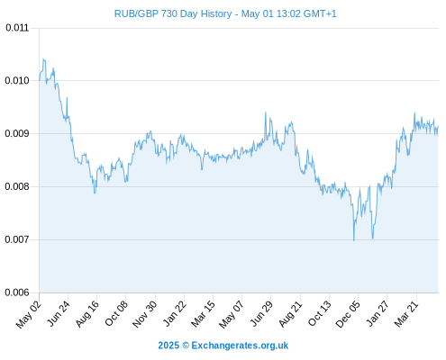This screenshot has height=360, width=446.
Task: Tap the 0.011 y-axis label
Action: click(x=17, y=28)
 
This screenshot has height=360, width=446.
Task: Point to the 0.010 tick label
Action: click(x=17, y=80)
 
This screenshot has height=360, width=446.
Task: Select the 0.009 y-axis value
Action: click(x=17, y=133)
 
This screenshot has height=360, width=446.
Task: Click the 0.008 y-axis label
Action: click(x=17, y=186)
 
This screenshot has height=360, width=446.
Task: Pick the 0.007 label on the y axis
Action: click(x=17, y=239)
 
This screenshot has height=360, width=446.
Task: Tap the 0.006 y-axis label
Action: click(x=17, y=292)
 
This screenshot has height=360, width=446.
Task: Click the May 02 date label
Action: click(x=29, y=313)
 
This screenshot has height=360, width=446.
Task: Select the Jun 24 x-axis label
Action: click(x=59, y=313)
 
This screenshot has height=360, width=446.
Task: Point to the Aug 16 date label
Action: click(x=87, y=313)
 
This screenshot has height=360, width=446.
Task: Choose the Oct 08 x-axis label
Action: click(x=116, y=313)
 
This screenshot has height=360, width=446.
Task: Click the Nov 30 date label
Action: click(x=145, y=314)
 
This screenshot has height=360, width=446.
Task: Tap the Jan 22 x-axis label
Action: click(x=175, y=313)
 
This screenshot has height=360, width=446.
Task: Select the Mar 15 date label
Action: click(x=204, y=313)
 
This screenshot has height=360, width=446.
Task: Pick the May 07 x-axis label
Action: click(x=232, y=314)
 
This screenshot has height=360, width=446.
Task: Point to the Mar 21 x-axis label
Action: click(x=406, y=313)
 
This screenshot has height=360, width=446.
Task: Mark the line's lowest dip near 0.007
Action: click(x=354, y=240)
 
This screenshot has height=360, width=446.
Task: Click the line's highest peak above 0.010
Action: click(x=43, y=59)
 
